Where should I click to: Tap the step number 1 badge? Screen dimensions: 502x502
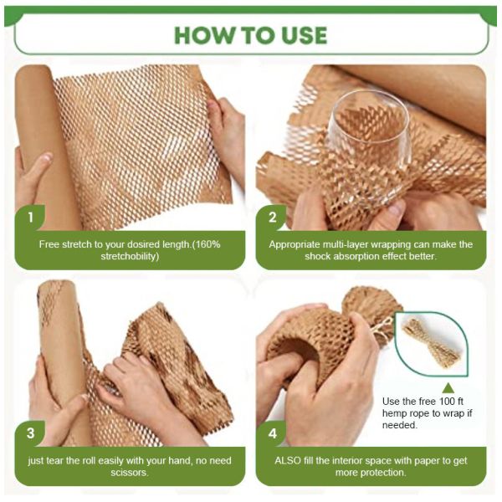pos(31,218)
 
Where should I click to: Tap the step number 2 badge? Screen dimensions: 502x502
pos(272,218)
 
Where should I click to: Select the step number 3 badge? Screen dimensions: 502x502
pos(31,433)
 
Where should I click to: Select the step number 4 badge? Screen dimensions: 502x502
pos(272,433)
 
